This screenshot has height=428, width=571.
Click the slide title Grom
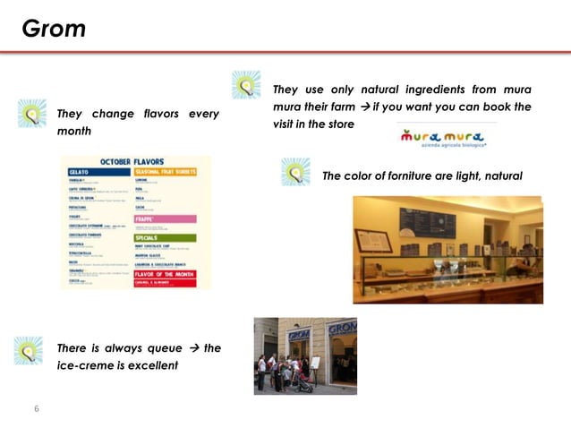point(54,29)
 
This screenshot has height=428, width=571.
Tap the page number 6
point(37,409)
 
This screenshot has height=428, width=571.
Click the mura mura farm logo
point(444,138)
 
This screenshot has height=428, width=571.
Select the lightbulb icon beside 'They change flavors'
point(32,114)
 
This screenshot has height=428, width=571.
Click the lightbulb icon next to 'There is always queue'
point(29,350)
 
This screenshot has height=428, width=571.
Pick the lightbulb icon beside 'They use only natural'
point(246,85)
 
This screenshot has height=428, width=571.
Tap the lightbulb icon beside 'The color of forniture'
point(295,172)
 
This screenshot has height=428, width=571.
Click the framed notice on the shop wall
point(373,241)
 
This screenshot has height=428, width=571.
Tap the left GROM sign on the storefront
point(298,335)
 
